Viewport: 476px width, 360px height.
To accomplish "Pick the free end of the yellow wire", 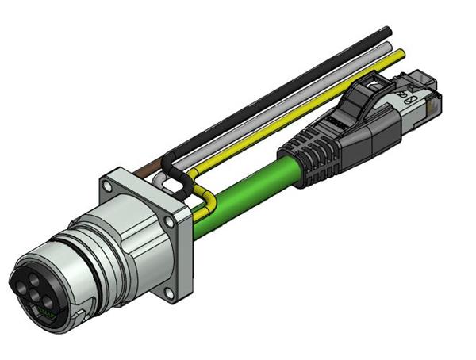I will (x=401, y=53).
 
